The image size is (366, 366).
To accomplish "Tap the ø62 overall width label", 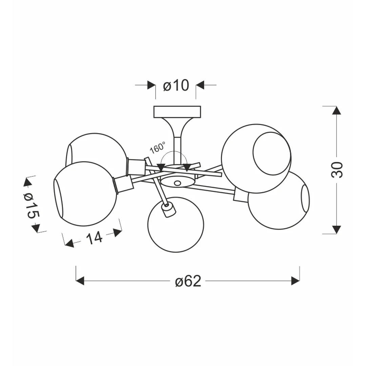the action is click(x=188, y=281).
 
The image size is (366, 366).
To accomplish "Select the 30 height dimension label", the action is click(x=337, y=170).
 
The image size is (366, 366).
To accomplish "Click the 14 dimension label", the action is click(x=94, y=238).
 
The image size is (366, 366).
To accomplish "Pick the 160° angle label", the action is click(x=158, y=147).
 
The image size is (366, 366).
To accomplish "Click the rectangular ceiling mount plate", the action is click(x=177, y=112).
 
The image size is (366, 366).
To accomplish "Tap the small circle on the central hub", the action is click(x=177, y=183).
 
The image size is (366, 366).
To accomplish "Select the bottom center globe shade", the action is click(x=176, y=225).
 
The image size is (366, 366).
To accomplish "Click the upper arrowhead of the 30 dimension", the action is click(x=337, y=110).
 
